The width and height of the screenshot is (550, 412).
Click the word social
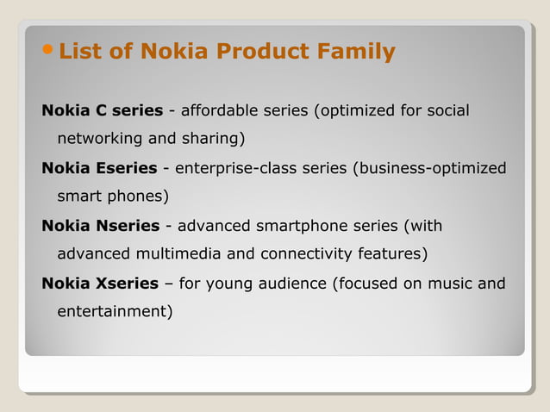pos(446,110)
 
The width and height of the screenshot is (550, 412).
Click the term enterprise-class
pos(228,167)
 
